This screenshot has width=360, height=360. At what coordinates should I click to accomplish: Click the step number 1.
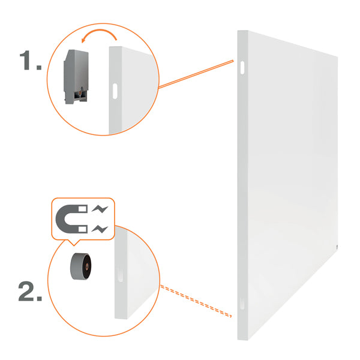coord(31,60)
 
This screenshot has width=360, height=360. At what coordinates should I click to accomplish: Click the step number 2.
coord(31,290)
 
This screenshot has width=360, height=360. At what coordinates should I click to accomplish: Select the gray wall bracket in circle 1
coord(76,77)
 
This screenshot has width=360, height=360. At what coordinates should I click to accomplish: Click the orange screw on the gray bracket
coord(80,93)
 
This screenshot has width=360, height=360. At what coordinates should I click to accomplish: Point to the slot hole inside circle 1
coord(115,91)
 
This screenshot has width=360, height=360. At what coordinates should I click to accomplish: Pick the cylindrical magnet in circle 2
coord(81,266)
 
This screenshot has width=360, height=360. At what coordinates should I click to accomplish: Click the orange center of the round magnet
coord(86,267)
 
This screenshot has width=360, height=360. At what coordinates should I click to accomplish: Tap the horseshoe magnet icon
coord(71,219)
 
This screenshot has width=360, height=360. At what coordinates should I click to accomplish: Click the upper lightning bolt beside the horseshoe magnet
coord(100,209)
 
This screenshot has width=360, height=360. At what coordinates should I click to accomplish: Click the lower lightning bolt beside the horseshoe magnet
coord(100,229)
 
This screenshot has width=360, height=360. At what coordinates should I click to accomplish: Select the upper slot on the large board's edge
coord(242,67)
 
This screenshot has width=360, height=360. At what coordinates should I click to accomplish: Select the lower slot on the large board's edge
coord(242,303)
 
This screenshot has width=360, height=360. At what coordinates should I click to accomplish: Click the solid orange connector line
coord(196,74)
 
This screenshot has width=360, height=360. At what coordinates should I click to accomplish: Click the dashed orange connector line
coord(196,301)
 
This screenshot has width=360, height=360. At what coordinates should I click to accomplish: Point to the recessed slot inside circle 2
coord(121,275)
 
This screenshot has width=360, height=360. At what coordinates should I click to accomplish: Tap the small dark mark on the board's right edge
coord(337,247)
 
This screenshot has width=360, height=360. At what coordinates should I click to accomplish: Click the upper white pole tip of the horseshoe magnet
coord(83,209)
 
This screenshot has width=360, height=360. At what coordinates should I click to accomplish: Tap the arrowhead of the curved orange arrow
coord(83,40)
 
